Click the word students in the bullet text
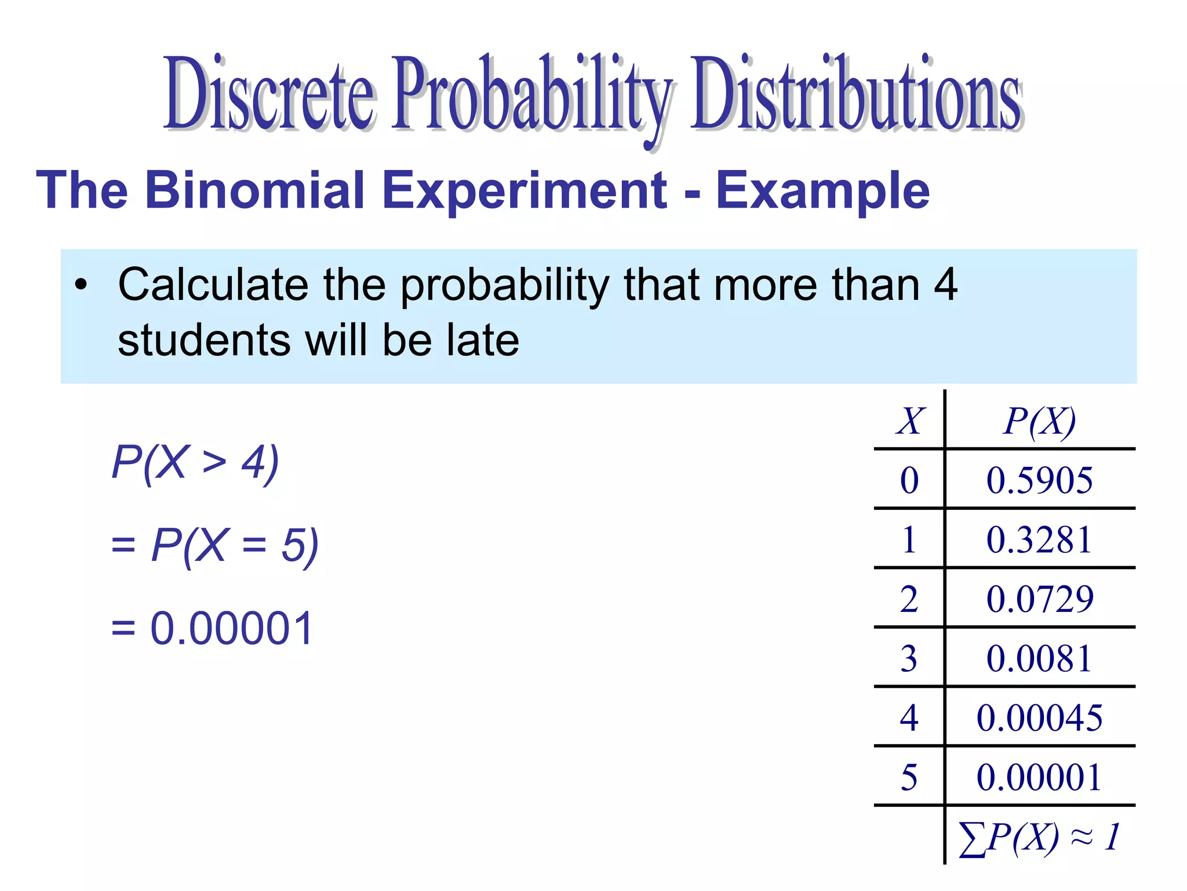click(204, 340)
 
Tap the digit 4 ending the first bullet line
click(945, 284)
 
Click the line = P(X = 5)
click(214, 546)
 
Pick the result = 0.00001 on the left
click(212, 628)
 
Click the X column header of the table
click(910, 421)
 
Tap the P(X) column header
click(1039, 421)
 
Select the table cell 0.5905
click(1039, 480)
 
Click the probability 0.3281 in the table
click(1039, 540)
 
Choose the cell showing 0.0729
click(1040, 599)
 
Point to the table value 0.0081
click(1039, 658)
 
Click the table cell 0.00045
click(1039, 718)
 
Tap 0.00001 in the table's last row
click(1039, 777)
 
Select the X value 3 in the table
click(909, 658)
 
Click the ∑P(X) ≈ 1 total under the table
click(1039, 837)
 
